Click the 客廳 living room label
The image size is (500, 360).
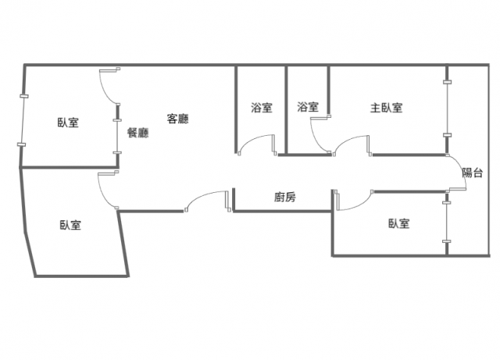tap(178, 119)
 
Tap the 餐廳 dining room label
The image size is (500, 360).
tap(137, 133)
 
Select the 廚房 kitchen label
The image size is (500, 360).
tap(285, 198)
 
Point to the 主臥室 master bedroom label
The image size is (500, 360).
tap(386, 108)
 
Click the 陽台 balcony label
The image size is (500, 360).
tap(472, 173)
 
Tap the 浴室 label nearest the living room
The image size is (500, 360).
tap(262, 108)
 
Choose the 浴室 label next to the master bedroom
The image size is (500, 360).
tap(308, 108)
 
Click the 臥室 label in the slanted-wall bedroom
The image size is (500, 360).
tap(70, 225)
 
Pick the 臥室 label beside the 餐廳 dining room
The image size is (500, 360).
tap(68, 122)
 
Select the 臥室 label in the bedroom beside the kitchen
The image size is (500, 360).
tap(398, 224)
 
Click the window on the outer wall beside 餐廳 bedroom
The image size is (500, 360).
tap(23, 121)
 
